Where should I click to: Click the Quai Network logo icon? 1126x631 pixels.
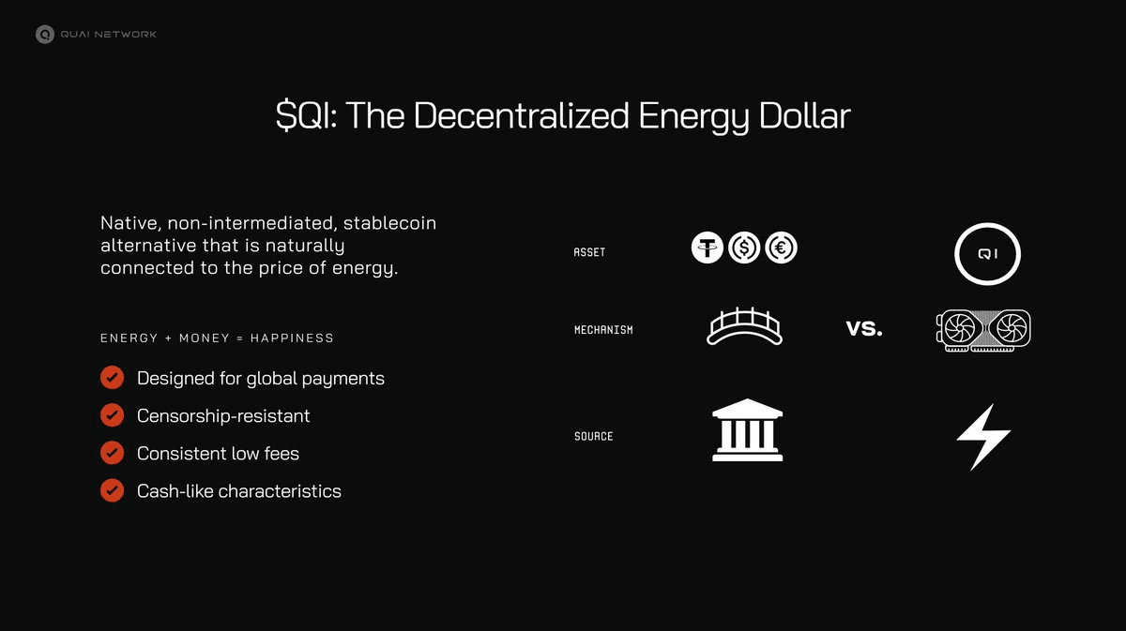(x=44, y=35)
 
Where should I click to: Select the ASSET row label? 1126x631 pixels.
(x=589, y=252)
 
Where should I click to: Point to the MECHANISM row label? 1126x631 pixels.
(x=603, y=330)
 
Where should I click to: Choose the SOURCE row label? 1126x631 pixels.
(x=593, y=436)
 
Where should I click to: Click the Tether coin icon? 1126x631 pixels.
(x=708, y=248)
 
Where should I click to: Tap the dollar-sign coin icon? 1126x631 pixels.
(x=744, y=248)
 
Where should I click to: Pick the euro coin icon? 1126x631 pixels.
(x=781, y=248)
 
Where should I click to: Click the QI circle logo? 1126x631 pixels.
(x=987, y=253)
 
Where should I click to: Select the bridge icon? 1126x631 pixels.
(x=744, y=327)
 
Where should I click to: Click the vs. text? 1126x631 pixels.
(x=863, y=330)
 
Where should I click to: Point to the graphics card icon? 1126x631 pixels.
(x=983, y=330)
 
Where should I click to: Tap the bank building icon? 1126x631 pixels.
(x=747, y=430)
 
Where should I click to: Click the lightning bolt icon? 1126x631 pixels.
(x=982, y=436)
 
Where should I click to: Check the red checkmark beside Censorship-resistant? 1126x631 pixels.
(x=113, y=415)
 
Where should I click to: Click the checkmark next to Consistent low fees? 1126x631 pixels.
(x=113, y=453)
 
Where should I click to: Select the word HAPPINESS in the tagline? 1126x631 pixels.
(x=292, y=338)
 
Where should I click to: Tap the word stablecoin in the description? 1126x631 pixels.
(x=389, y=224)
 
